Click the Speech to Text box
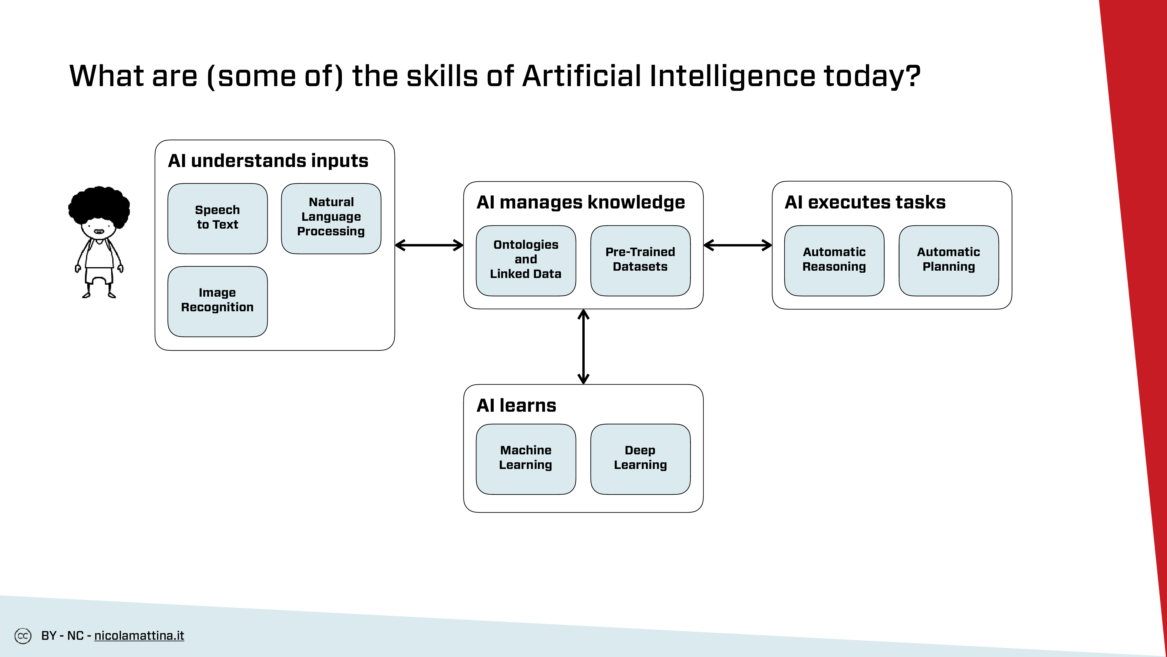coord(217,218)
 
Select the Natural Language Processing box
coord(331,218)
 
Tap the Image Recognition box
coord(217,302)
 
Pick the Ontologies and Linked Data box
coord(526,261)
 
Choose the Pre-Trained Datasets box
coord(641,261)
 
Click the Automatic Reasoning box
coord(834,261)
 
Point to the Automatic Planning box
coord(949,261)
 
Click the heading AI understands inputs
coord(268,161)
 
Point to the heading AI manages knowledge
coord(581,203)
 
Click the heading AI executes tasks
coord(865,202)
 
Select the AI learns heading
coord(516,405)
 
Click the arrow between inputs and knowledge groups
coord(429,245)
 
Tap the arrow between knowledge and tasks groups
coord(738,245)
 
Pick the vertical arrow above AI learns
coord(583,347)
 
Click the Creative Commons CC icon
coord(23,636)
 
